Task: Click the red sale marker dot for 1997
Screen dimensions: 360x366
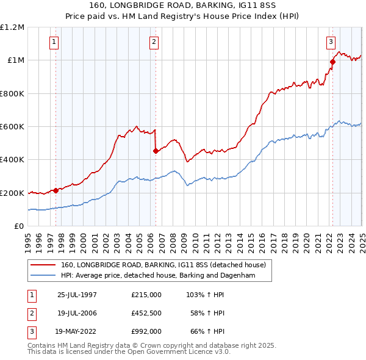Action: point(56,190)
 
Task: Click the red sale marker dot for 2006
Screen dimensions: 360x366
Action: point(156,151)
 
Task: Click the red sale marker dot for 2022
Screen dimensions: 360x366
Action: point(332,62)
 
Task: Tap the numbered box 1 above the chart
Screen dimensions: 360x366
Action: point(54,42)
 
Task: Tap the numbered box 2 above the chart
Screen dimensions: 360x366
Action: point(154,42)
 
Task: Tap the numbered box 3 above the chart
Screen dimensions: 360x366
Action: point(331,42)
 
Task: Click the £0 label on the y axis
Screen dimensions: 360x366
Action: point(18,226)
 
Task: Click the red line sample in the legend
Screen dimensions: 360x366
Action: point(43,265)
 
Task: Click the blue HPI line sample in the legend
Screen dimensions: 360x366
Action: point(43,276)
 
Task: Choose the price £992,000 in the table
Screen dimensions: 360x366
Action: point(146,331)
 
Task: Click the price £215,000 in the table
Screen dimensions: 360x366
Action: point(146,295)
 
